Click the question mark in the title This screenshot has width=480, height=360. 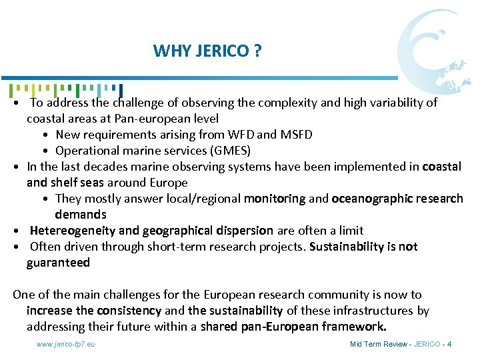257,51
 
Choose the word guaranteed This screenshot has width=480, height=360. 58,263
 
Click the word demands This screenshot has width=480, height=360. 81,215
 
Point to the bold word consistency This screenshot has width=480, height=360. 129,311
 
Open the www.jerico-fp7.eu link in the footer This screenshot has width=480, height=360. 66,344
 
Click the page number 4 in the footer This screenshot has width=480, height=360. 449,344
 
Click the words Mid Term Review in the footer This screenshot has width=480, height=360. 375,344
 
